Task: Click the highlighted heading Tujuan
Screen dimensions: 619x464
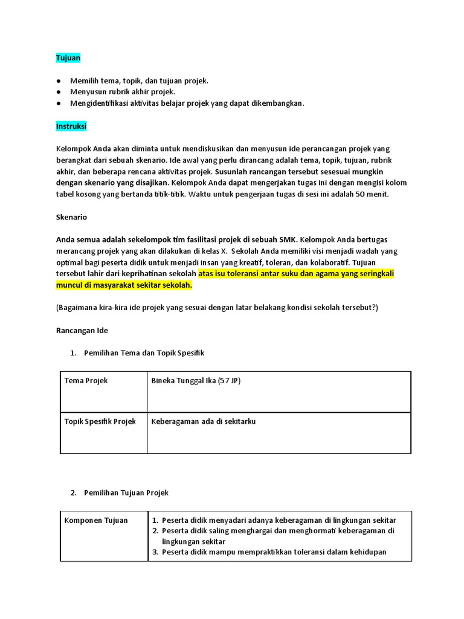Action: (x=68, y=58)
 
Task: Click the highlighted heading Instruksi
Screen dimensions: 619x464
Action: (x=71, y=126)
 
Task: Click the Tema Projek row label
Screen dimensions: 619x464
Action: (x=86, y=381)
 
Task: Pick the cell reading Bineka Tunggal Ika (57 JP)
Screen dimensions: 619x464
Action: (x=196, y=381)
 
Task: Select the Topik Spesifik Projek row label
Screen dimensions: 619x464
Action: (x=100, y=421)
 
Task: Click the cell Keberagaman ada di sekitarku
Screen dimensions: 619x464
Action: (x=204, y=421)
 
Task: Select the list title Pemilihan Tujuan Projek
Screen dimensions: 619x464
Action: (x=126, y=493)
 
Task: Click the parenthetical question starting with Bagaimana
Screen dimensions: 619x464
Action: (x=217, y=307)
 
